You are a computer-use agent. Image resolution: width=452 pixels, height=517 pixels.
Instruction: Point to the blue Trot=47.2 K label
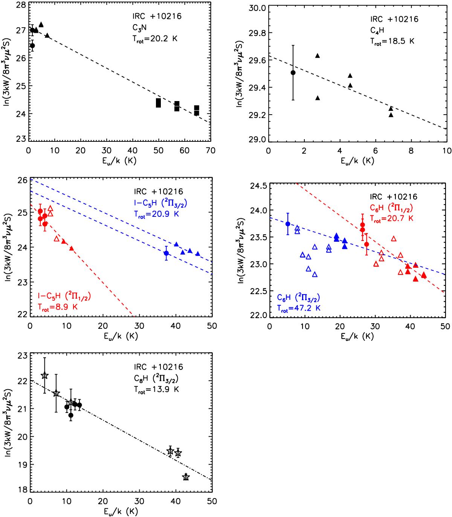pos(298,308)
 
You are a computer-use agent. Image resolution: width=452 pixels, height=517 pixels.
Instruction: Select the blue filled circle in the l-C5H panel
pos(166,253)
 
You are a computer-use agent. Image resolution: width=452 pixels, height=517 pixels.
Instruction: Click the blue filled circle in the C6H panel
pos(288,224)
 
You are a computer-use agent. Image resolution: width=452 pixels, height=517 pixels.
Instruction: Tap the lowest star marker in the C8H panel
pos(186,477)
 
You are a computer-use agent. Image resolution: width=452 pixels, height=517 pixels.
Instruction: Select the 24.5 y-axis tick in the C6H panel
pos(260,186)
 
